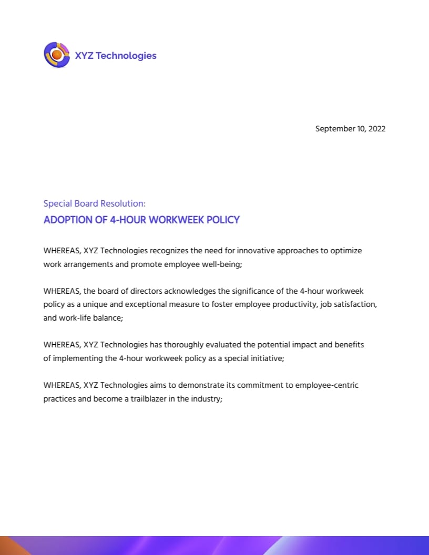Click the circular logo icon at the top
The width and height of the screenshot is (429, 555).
tap(57, 55)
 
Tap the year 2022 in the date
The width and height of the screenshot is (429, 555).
tap(377, 129)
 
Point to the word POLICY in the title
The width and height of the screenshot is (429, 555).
tap(222, 220)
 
